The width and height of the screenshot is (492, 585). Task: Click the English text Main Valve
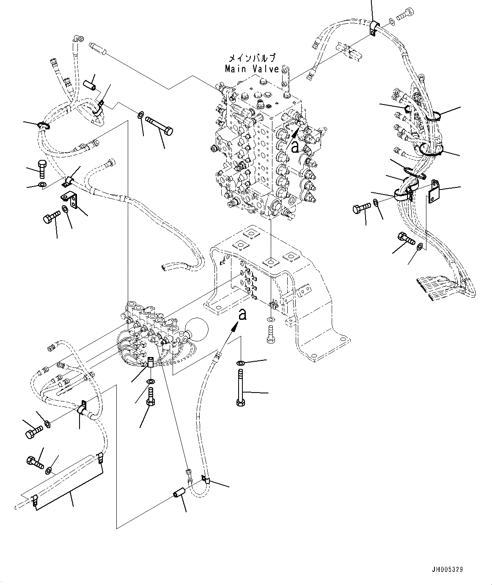[252, 69]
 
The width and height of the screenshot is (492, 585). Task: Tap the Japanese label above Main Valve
[252, 58]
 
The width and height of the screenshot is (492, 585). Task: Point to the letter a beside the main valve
[295, 147]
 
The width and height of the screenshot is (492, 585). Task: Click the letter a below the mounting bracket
[242, 314]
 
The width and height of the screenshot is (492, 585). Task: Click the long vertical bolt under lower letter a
[241, 387]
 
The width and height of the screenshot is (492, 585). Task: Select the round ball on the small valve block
[197, 329]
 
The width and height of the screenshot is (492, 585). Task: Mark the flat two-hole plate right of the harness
[434, 191]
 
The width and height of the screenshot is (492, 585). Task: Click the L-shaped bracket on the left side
[69, 200]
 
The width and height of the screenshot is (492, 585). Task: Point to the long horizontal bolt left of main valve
[159, 126]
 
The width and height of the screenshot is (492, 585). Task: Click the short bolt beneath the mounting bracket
[271, 334]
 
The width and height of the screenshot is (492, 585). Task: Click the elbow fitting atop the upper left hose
[77, 38]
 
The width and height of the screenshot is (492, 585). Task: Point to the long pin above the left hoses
[97, 48]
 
